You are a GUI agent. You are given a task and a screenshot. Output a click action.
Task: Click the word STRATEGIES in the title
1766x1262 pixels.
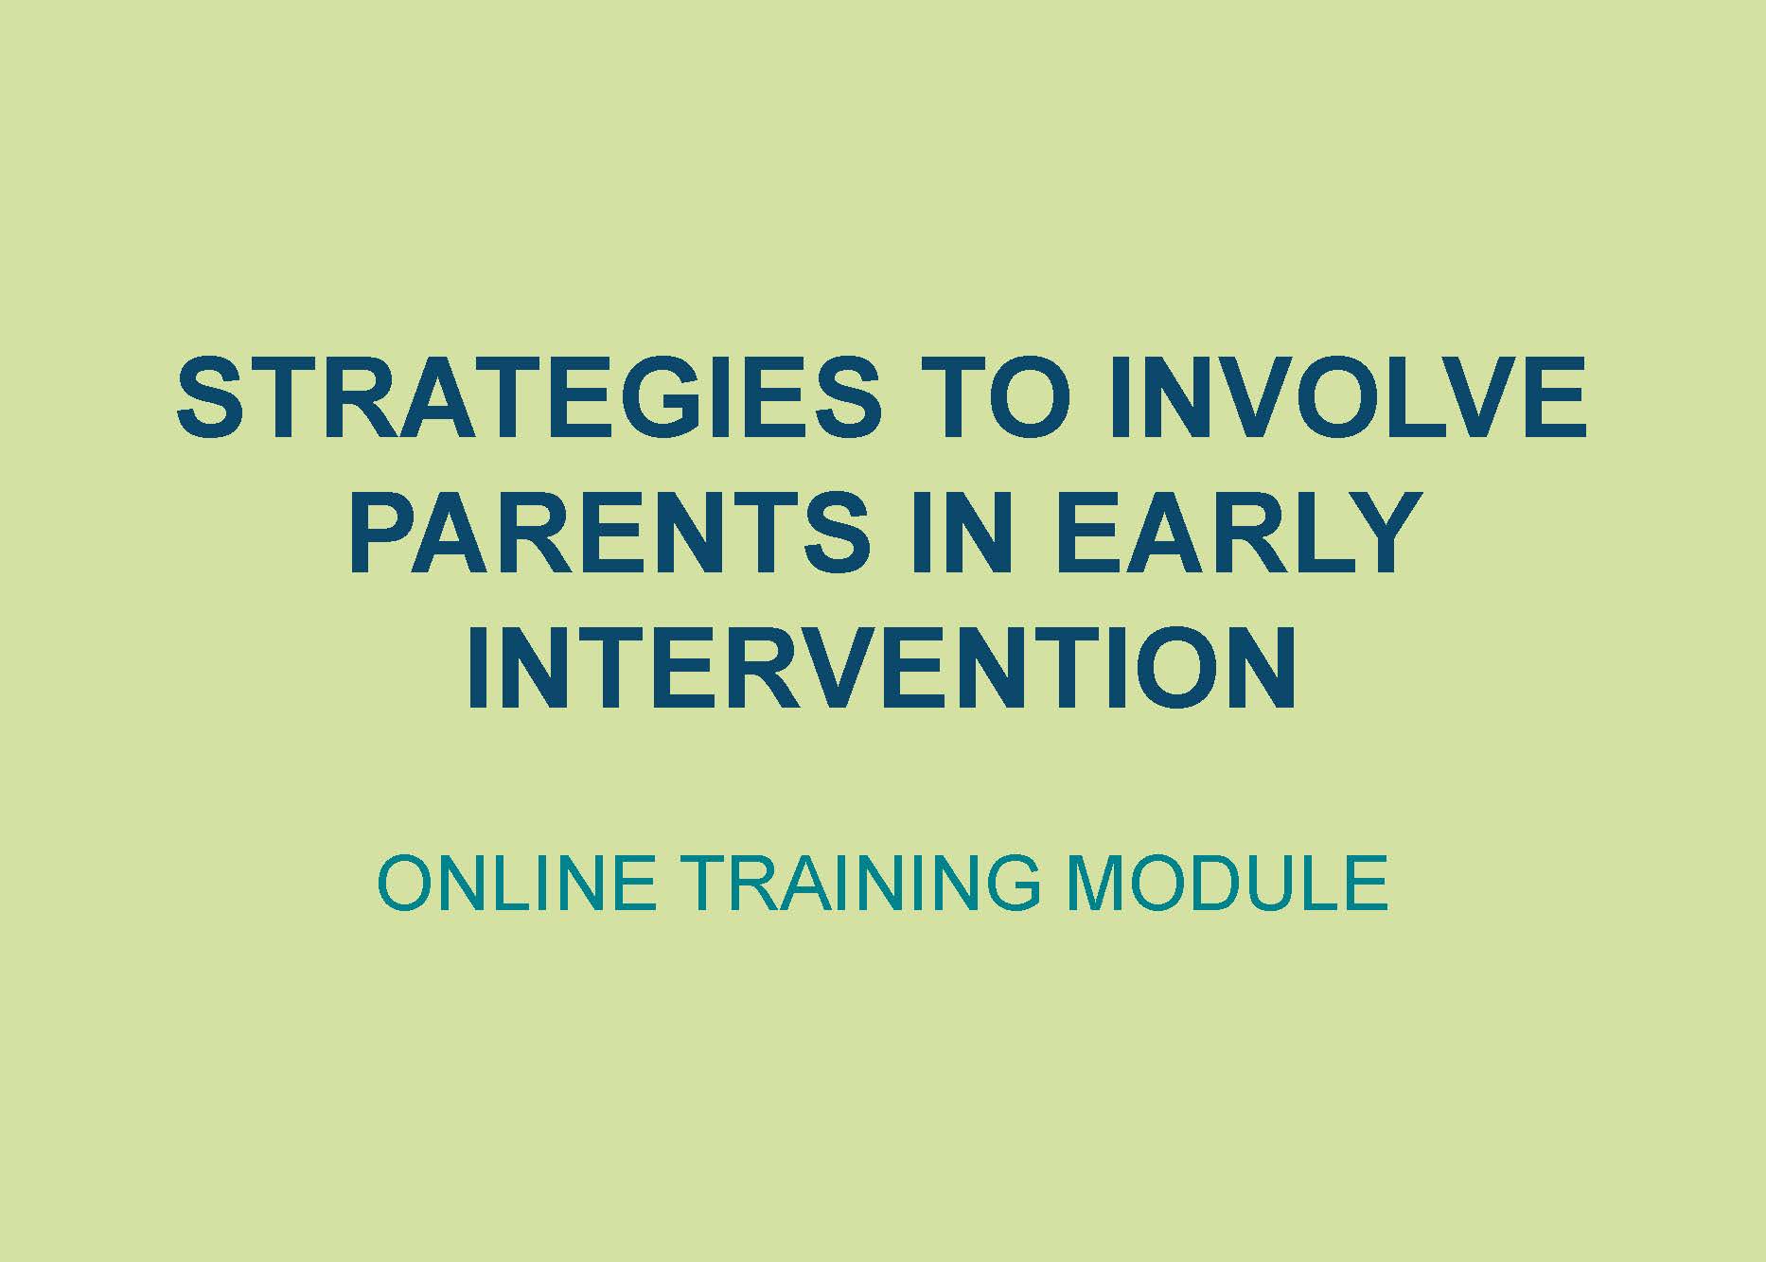(529, 397)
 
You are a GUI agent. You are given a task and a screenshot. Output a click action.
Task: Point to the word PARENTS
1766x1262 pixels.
(610, 533)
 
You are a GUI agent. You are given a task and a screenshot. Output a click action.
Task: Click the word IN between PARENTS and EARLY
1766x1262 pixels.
(958, 533)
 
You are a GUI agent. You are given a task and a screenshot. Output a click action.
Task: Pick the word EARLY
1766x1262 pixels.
(1231, 533)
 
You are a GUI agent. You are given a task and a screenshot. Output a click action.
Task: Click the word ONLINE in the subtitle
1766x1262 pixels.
(518, 883)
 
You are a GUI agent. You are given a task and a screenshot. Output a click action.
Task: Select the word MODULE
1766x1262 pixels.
(1227, 883)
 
